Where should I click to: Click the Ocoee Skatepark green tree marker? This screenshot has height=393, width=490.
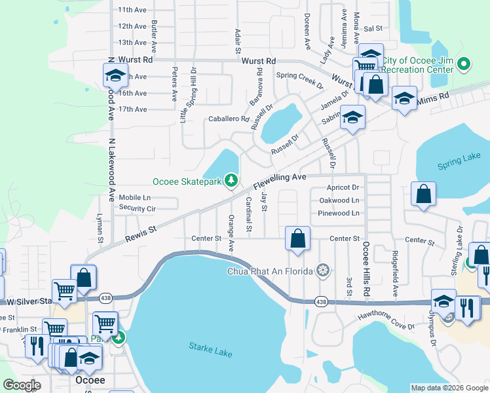pos(230,179)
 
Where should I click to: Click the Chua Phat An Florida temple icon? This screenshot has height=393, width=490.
pos(322,271)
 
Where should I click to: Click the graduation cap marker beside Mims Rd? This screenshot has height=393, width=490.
pos(404,98)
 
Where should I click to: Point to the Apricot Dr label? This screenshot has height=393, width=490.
pos(339,187)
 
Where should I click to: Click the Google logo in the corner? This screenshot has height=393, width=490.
pos(22,385)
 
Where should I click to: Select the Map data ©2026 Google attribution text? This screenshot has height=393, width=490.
pos(449,388)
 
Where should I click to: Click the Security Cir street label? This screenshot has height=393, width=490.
pos(137,208)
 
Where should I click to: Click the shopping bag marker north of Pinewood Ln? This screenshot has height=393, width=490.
pos(423,193)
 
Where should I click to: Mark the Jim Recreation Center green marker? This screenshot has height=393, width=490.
pos(464,64)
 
